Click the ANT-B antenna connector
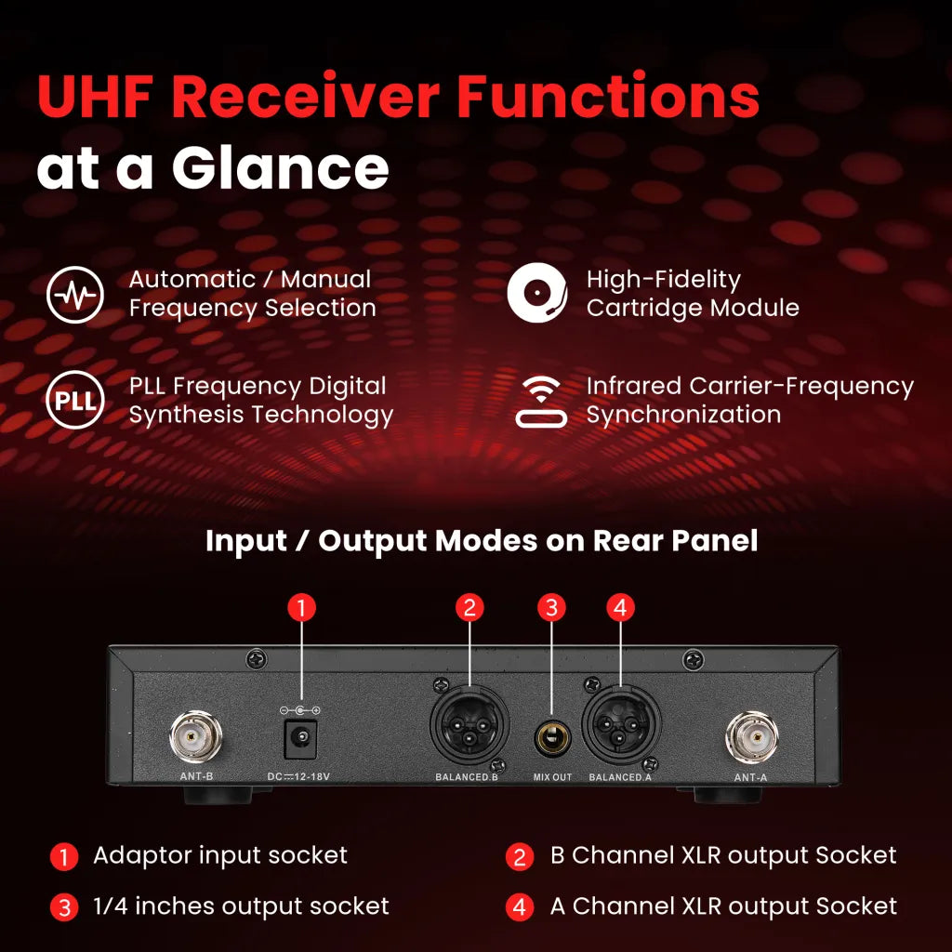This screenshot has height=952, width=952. point(195,737)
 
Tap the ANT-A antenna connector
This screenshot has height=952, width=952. point(751,737)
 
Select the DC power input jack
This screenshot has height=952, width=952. point(300,738)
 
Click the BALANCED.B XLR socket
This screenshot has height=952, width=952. point(469,724)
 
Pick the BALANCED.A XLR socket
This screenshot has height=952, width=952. point(620,723)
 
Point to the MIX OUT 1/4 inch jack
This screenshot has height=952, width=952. point(552,737)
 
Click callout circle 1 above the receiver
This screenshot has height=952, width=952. point(302,608)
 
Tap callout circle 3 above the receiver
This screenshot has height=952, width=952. point(552,608)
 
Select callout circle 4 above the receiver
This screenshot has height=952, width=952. point(620,608)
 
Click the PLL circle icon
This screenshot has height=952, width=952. point(75,400)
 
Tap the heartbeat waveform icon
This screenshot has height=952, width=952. point(75,295)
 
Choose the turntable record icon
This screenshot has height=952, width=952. point(537,293)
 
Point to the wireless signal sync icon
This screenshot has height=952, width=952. point(541,402)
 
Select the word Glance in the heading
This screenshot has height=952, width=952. point(281,168)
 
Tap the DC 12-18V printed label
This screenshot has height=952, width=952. point(298,776)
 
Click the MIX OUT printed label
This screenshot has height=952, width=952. point(552,777)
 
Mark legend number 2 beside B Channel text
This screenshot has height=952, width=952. point(520,856)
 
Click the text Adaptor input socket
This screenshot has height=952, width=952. point(220,855)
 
